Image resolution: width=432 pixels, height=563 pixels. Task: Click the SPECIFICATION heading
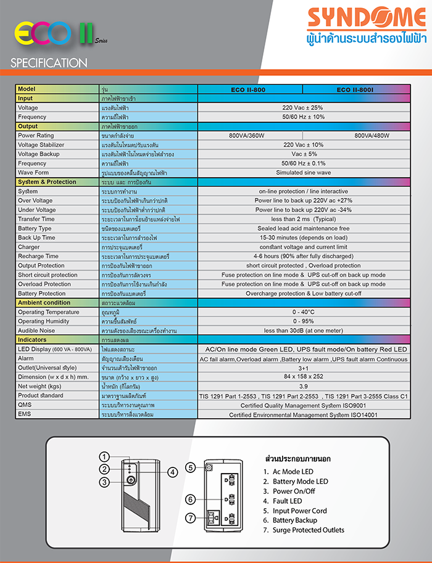click(x=49, y=63)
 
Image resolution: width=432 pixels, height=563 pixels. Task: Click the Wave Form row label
click(x=33, y=173)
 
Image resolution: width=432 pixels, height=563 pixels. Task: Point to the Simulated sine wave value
click(x=303, y=173)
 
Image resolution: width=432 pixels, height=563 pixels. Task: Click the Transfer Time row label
click(x=36, y=219)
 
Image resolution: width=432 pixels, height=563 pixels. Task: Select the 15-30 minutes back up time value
click(x=303, y=237)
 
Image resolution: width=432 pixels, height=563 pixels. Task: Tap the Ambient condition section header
click(x=44, y=303)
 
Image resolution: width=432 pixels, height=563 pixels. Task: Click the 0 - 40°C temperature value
click(x=303, y=312)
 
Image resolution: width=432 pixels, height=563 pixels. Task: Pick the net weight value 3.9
click(x=303, y=386)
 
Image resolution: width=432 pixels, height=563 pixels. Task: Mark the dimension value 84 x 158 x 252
click(x=303, y=376)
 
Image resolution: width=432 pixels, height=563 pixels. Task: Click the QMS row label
click(x=25, y=405)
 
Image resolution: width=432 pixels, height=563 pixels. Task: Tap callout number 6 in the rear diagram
click(x=191, y=499)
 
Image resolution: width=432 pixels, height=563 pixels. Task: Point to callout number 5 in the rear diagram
click(x=191, y=467)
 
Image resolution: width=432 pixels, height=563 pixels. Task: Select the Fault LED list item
click(x=287, y=501)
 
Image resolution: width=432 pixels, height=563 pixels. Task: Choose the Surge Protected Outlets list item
click(x=308, y=530)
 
